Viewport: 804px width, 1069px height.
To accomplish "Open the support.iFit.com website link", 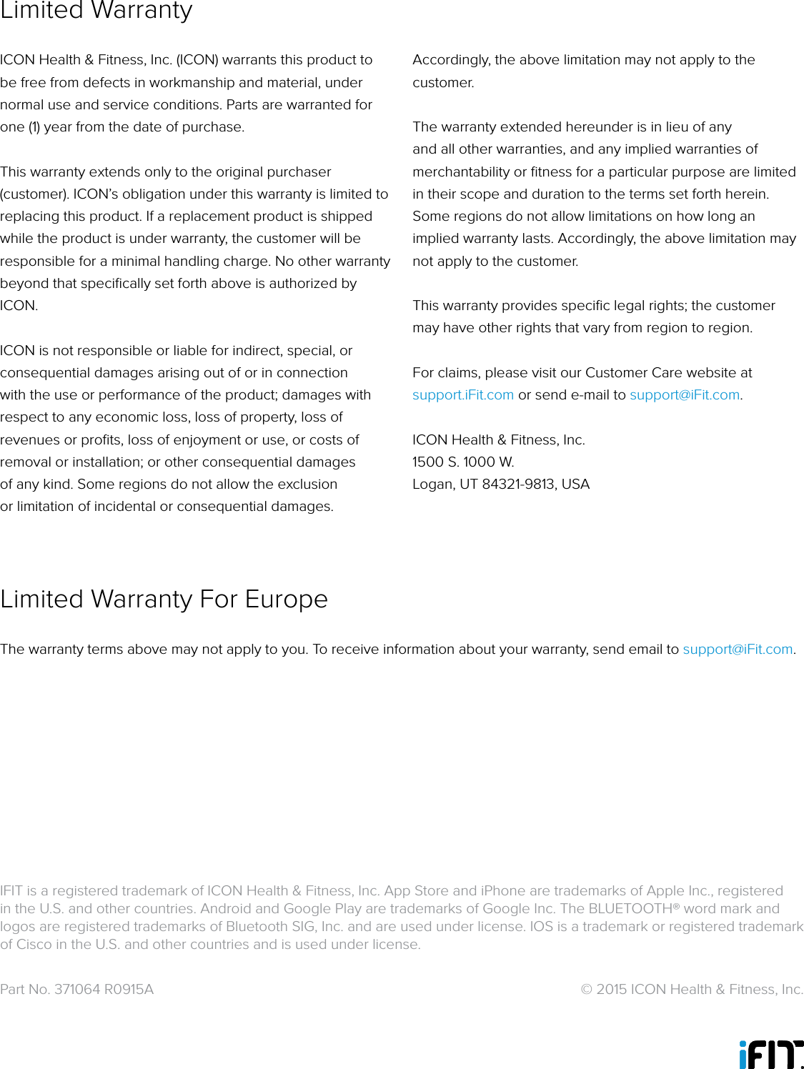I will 462,395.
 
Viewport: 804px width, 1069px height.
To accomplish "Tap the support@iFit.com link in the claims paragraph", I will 684,395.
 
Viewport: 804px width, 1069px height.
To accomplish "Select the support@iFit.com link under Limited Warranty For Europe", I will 738,650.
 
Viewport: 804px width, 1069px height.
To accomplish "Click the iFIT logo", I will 770,1054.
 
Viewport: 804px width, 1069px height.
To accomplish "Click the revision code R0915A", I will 129,990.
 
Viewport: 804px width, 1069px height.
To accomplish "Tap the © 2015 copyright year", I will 611,990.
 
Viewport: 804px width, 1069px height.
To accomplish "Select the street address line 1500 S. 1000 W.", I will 463,462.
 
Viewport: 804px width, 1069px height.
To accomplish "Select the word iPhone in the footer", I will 503,891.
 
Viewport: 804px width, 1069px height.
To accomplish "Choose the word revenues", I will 30,440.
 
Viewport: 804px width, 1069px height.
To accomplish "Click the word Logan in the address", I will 432,484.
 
